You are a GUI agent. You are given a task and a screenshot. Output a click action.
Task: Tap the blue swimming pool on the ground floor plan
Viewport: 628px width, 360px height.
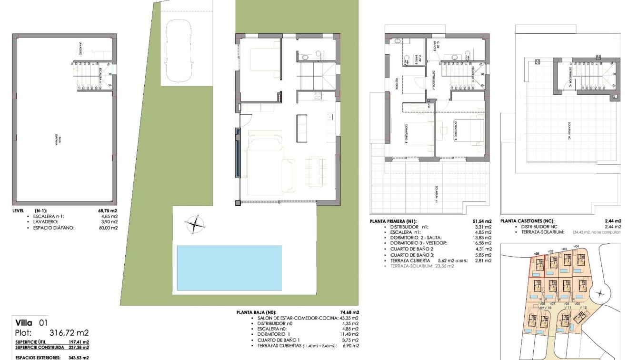pos(229,268)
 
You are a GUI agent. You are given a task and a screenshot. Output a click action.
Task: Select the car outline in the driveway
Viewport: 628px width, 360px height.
pos(178,51)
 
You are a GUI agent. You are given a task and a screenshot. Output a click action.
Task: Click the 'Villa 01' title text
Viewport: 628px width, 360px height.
pos(32,323)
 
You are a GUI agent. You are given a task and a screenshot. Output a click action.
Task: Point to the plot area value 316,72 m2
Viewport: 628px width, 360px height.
pos(69,332)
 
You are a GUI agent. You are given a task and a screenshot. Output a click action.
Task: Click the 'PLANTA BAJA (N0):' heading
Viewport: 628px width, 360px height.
pos(256,312)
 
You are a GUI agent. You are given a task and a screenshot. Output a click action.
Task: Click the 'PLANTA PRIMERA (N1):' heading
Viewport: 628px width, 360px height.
pos(393,221)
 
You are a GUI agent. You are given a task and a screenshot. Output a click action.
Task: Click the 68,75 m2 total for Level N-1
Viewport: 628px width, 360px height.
pos(108,210)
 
